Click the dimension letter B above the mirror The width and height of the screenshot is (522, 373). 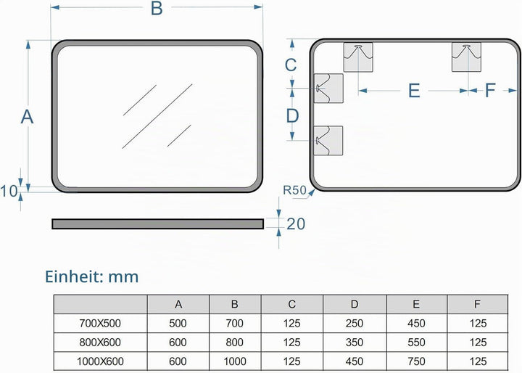[157, 8]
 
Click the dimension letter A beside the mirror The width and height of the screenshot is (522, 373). [27, 117]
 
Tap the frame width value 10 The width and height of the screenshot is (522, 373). [9, 192]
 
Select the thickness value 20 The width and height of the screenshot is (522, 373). [296, 224]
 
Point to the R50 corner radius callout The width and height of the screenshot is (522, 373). [294, 190]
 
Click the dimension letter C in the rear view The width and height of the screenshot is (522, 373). [291, 65]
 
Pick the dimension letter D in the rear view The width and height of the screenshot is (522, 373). [292, 116]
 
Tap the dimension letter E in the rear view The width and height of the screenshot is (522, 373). [414, 91]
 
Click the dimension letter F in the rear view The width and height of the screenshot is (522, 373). [490, 90]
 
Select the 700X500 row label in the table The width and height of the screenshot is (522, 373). [100, 324]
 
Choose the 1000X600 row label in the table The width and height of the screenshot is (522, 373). [100, 361]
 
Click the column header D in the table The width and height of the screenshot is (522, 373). [355, 304]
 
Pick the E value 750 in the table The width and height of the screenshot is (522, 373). [416, 361]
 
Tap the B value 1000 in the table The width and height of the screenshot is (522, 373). [235, 361]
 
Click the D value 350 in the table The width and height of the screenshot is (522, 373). [355, 343]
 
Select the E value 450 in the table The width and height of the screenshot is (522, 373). [416, 324]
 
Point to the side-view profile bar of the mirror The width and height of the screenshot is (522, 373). [158, 224]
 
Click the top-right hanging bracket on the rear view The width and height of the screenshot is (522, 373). [466, 57]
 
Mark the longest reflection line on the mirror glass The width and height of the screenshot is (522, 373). [157, 116]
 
